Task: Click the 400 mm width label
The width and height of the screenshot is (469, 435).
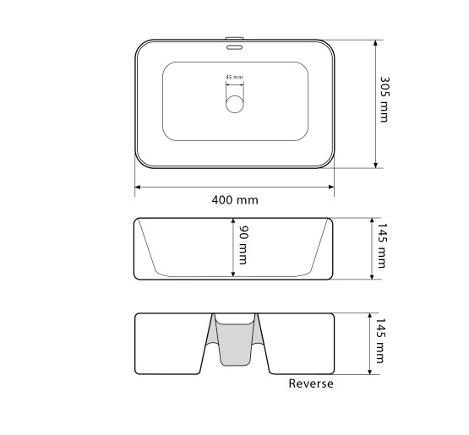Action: (235, 199)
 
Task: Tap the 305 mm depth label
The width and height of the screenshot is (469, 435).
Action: (384, 100)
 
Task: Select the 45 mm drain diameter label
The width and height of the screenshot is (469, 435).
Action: (235, 77)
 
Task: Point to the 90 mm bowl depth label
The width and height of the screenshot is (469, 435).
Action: (243, 245)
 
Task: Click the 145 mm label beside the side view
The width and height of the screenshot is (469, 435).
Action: (382, 246)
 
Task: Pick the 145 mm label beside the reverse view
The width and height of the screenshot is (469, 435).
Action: (379, 340)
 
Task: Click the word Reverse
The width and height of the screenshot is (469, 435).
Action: (311, 383)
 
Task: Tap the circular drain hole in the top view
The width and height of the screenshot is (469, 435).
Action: (235, 105)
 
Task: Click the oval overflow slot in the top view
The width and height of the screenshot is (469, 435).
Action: (234, 47)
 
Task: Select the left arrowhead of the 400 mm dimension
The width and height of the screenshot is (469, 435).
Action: (138, 188)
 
